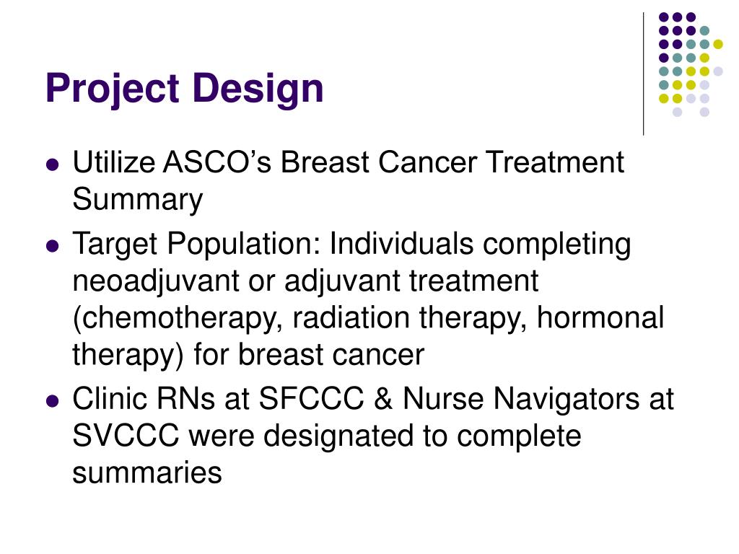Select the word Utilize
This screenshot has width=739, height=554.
[x=113, y=163]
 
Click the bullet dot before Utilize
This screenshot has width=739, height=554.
[x=51, y=164]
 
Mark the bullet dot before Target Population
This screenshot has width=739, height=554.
[x=51, y=246]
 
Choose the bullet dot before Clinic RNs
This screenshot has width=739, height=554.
[x=51, y=400]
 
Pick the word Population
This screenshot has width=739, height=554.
[x=245, y=245]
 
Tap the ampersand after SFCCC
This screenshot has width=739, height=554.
[x=385, y=399]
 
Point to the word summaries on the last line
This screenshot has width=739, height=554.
[x=147, y=473]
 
